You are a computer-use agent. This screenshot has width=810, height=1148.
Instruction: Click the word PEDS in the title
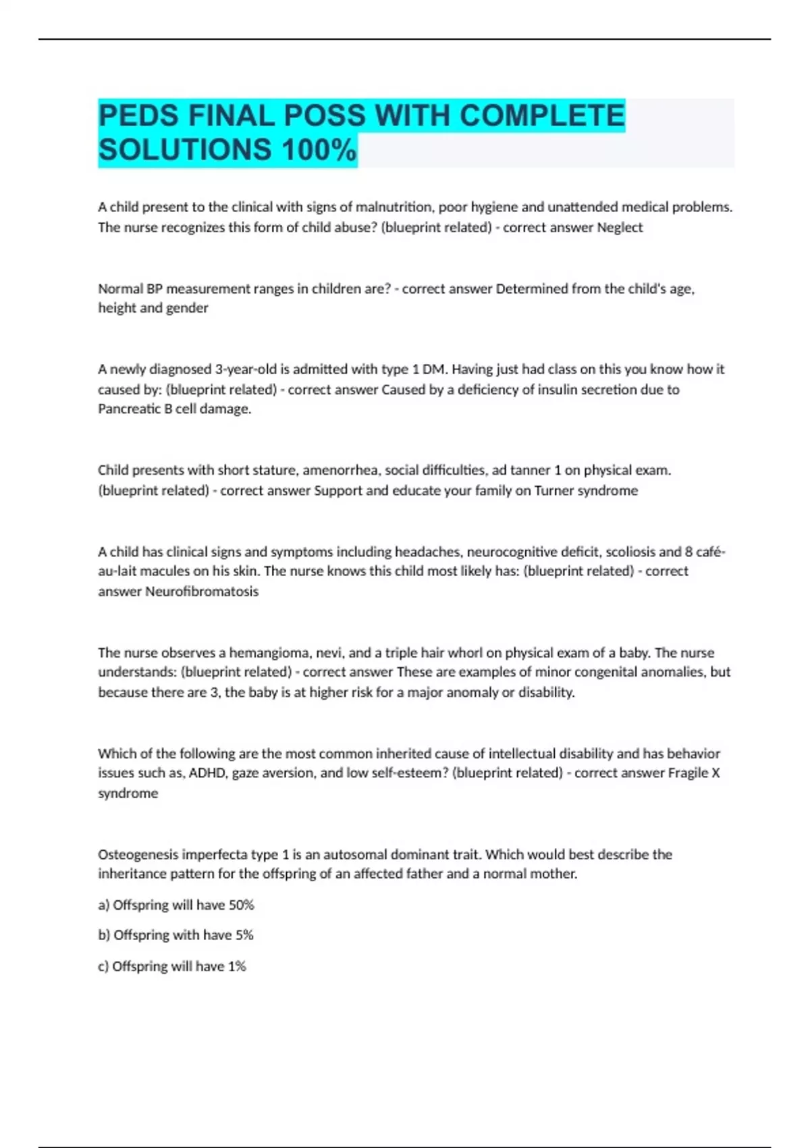click(139, 115)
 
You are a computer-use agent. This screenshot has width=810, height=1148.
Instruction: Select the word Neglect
click(620, 228)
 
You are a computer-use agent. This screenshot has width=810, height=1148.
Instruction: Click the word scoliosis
click(628, 552)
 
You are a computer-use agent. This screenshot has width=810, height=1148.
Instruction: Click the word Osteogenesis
click(138, 854)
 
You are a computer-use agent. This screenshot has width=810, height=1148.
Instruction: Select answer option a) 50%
click(176, 905)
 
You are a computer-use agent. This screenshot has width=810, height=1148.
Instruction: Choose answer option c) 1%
click(172, 966)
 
